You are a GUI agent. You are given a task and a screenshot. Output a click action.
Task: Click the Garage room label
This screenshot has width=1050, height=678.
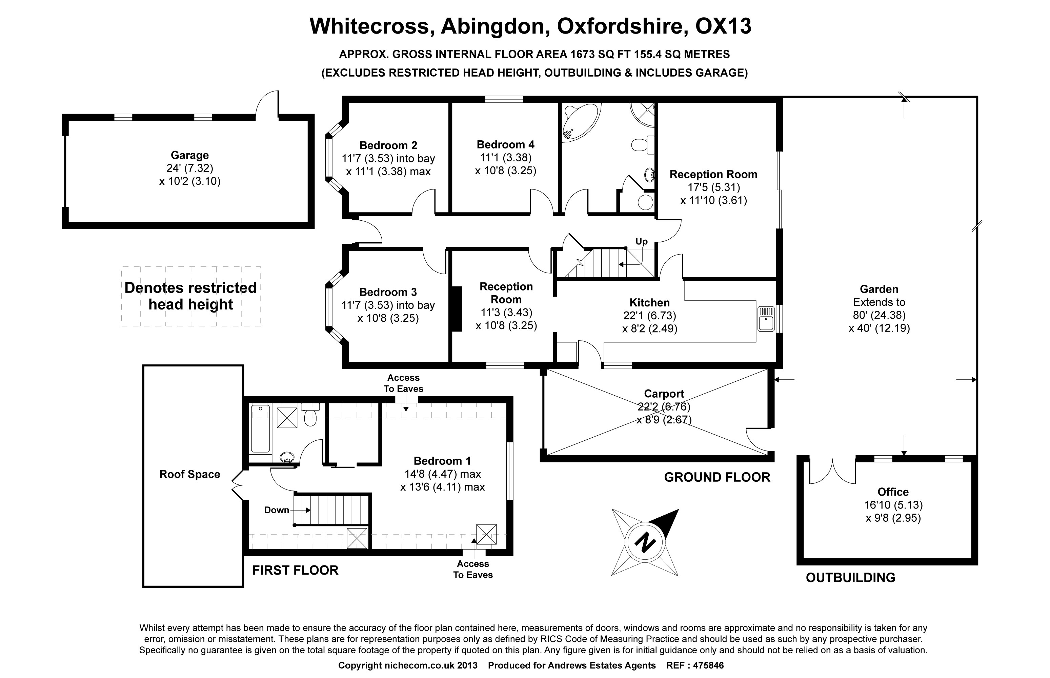tap(190, 155)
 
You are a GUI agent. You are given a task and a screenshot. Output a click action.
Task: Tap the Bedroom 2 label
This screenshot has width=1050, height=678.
tap(388, 145)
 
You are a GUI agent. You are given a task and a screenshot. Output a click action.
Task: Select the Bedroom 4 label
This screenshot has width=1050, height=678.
tap(505, 144)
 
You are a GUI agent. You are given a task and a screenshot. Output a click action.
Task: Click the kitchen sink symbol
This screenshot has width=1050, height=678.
tap(766, 319)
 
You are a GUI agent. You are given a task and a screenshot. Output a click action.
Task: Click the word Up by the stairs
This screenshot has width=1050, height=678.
tap(641, 241)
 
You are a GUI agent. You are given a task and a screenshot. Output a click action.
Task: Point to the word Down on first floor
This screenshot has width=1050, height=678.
tap(276, 510)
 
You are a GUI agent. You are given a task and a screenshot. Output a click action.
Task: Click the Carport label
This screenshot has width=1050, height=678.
tap(664, 394)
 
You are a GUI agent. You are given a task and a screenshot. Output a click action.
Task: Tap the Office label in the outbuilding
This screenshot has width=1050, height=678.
tap(893, 492)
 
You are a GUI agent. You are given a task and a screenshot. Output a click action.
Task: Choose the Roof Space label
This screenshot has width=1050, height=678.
tap(190, 474)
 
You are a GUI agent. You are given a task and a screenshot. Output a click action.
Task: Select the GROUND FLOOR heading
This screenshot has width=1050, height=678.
tap(717, 477)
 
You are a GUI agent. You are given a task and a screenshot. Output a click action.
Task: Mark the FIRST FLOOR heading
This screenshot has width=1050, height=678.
tap(295, 570)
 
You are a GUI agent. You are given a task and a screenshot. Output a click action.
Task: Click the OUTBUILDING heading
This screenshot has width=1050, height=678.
tap(850, 577)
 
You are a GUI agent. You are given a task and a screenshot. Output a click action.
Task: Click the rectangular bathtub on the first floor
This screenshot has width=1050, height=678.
tap(260, 429)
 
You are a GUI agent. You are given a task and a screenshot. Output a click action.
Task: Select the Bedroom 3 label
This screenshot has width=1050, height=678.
tap(388, 292)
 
